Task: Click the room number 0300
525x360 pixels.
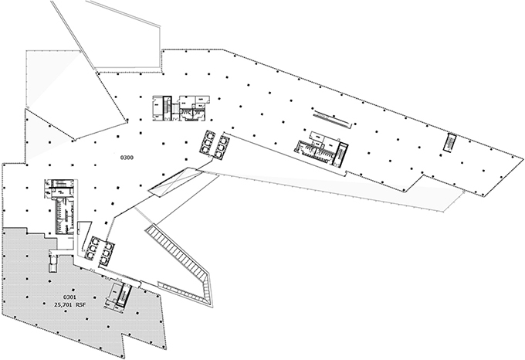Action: point(127,158)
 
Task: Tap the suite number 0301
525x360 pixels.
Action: point(70,297)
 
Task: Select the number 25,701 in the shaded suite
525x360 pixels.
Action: point(66,305)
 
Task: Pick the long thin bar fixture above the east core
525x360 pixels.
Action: point(333,119)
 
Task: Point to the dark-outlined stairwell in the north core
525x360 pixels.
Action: point(161,107)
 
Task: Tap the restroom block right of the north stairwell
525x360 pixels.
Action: point(191,107)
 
